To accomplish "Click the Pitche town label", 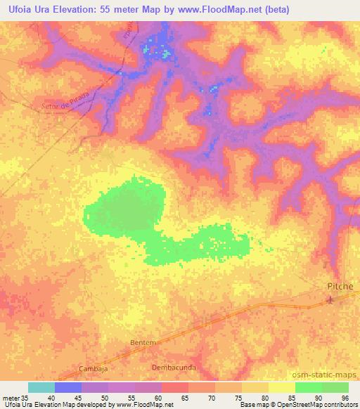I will coord(341,287).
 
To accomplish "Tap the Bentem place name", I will coord(142,342).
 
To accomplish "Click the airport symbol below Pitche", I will coord(330,300).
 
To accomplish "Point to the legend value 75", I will coord(240,397).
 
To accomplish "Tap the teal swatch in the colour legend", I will coord(41,387).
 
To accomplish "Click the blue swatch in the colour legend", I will coord(68,387).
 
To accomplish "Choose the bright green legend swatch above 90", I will coord(308,387).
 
